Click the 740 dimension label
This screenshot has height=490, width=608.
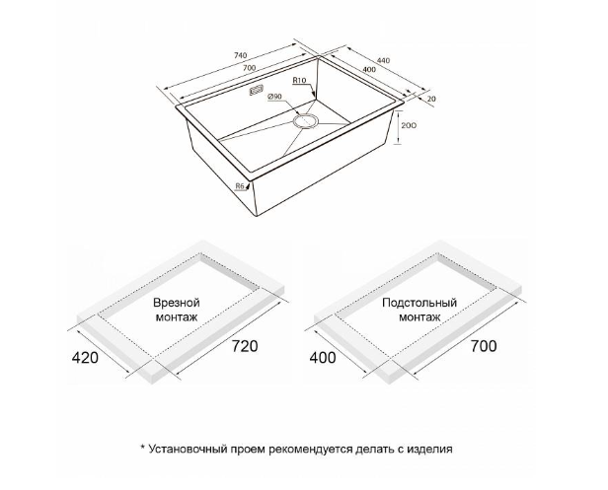[241, 55]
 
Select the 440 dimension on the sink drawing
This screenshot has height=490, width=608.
[383, 60]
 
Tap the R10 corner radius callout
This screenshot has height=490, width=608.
[299, 81]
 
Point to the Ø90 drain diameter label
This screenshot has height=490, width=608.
[274, 97]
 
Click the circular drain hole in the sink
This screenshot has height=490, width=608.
[306, 120]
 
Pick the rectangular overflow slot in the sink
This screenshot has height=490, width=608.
[257, 91]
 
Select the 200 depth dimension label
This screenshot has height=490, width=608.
[409, 125]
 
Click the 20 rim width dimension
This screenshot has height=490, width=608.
[431, 99]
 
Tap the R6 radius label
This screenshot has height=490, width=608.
[240, 186]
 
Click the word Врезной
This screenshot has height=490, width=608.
[177, 302]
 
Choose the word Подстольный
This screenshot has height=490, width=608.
[419, 302]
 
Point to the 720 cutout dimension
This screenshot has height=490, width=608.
[245, 346]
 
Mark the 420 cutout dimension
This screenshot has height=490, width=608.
[85, 358]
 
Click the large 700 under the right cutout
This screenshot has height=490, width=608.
[484, 346]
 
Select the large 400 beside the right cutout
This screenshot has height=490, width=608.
[323, 358]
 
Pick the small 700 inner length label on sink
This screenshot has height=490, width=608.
[250, 68]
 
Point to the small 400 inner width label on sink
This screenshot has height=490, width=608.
[369, 69]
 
